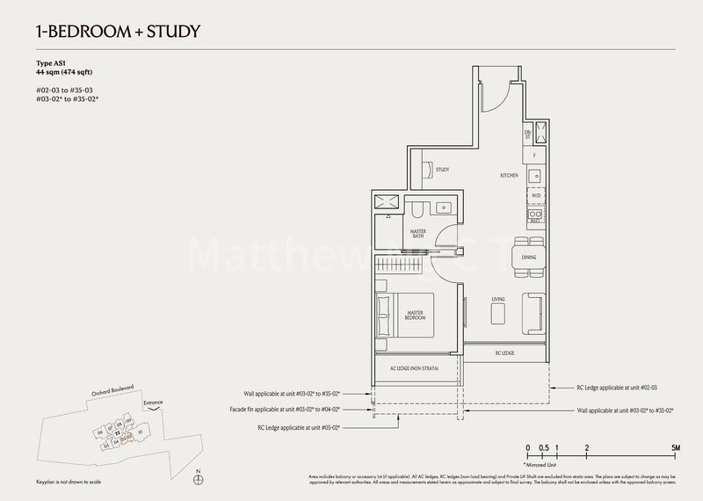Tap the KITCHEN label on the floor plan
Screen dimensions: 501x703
[x=510, y=176]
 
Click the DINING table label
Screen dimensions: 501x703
[x=529, y=258]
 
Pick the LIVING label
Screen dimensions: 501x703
[x=497, y=300]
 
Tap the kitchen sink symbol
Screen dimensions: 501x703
[x=536, y=171]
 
